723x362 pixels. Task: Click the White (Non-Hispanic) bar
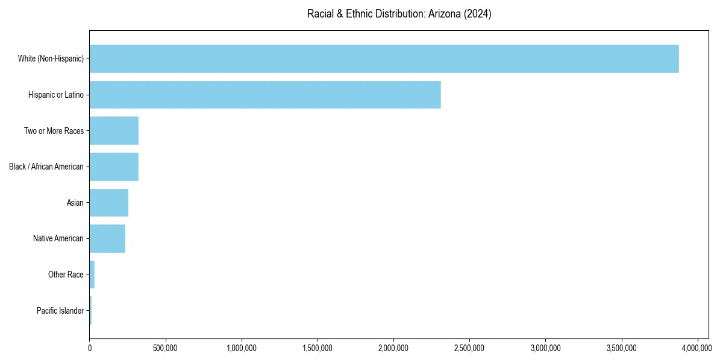384,59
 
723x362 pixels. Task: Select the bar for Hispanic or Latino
265,95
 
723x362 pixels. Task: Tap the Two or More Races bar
114,131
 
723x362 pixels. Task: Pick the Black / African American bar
114,167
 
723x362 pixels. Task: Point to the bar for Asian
109,203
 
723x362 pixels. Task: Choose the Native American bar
107,238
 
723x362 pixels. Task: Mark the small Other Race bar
92,275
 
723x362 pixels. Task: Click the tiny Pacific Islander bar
90,311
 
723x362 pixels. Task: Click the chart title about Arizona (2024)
399,14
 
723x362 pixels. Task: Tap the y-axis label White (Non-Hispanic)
51,59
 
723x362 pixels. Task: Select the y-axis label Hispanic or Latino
56,95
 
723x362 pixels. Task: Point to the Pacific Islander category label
60,311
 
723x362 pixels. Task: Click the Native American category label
58,238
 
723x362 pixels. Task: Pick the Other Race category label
66,275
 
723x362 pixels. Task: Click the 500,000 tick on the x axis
166,348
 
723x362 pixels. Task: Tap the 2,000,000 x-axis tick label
393,348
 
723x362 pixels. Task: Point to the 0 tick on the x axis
90,348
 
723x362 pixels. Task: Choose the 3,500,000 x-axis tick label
622,348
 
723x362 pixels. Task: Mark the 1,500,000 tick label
318,348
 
